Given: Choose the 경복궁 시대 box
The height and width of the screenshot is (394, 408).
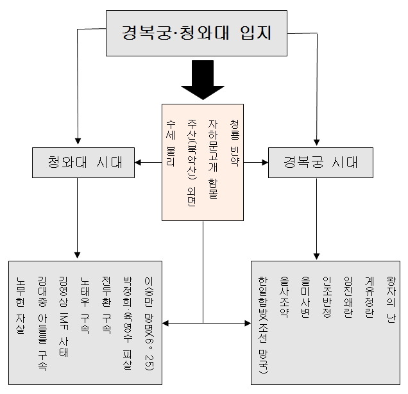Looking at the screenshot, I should [320, 161].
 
